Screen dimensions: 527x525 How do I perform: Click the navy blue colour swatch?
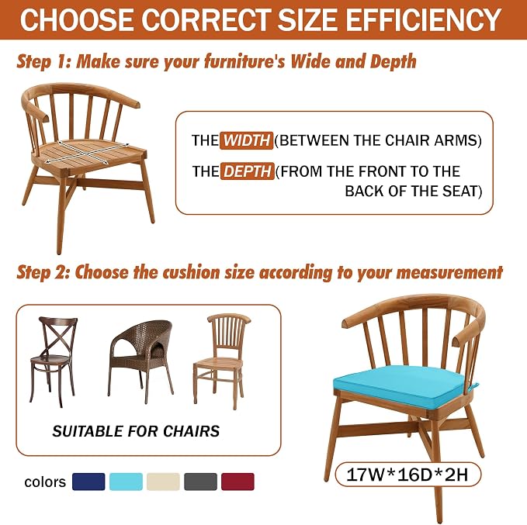pyautogui.click(x=88, y=482)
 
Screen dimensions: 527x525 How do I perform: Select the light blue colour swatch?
pyautogui.click(x=126, y=482)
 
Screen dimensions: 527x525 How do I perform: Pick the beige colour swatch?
pyautogui.click(x=163, y=482)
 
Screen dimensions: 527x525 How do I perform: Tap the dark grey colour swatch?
pyautogui.click(x=200, y=482)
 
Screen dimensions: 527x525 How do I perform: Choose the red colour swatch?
pyautogui.click(x=237, y=482)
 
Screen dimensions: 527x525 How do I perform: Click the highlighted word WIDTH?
pyautogui.click(x=246, y=140)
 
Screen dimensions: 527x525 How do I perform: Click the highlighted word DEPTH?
pyautogui.click(x=248, y=171)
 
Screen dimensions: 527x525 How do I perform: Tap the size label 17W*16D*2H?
pyautogui.click(x=407, y=475)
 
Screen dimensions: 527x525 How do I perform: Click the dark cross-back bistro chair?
pyautogui.click(x=53, y=361)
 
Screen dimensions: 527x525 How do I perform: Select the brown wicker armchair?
pyautogui.click(x=140, y=361)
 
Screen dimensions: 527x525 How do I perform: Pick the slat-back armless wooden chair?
pyautogui.click(x=221, y=361)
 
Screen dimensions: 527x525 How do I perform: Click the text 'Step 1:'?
pyautogui.click(x=43, y=62)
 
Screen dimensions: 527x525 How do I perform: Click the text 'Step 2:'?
pyautogui.click(x=43, y=272)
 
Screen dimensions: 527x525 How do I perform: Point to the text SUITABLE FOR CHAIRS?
pyautogui.click(x=136, y=431)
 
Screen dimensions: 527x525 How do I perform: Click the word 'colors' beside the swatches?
pyautogui.click(x=45, y=482)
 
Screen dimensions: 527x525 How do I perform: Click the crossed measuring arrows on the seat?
pyautogui.click(x=88, y=153)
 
